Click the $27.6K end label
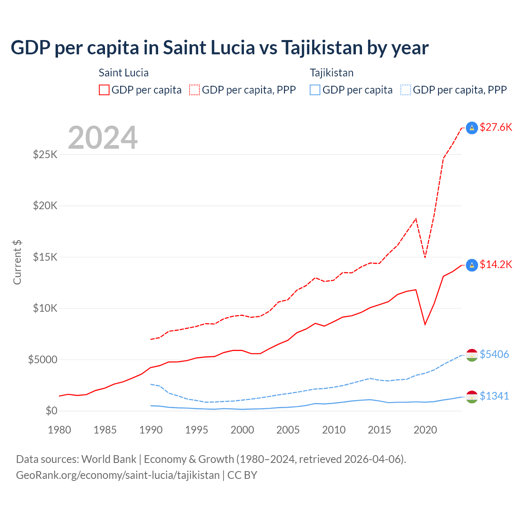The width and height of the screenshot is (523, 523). [x=496, y=127]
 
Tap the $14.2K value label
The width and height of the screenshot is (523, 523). [x=496, y=265]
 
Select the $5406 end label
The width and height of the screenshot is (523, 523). [x=494, y=354]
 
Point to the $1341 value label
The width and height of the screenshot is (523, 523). [x=494, y=396]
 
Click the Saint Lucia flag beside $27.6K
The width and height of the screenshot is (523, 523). [x=472, y=128]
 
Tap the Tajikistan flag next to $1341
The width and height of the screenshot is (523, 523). [x=472, y=397]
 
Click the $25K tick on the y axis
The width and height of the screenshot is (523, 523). [x=45, y=155]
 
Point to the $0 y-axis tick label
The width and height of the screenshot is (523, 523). [x=51, y=411]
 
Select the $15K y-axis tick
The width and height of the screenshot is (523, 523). [x=45, y=257]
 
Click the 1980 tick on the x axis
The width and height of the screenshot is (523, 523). [x=60, y=430]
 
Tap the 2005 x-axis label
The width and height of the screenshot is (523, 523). [x=288, y=430]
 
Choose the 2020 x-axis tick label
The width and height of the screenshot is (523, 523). [x=425, y=430]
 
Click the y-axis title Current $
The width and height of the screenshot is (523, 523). [x=17, y=262]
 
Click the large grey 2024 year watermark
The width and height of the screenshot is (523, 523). [x=103, y=138]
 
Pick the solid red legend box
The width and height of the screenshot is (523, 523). [x=104, y=90]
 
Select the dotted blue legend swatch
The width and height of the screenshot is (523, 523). [x=406, y=90]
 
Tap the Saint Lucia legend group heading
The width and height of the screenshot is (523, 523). [x=123, y=73]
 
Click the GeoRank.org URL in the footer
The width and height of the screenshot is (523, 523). [x=118, y=475]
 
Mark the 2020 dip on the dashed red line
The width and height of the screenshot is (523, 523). [x=425, y=257]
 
